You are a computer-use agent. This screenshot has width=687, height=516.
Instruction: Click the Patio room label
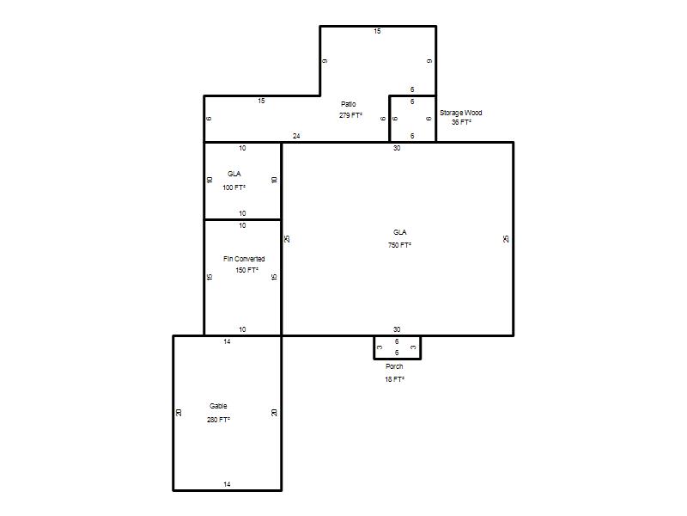[x=349, y=104]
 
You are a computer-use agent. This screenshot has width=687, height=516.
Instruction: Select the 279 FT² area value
[x=350, y=115]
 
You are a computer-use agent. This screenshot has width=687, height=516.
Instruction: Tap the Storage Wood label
[x=461, y=113]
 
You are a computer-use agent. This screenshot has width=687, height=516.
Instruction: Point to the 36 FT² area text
[x=461, y=122]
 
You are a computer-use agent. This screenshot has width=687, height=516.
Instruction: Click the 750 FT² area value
[x=399, y=245]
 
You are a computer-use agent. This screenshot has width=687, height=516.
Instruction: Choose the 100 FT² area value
[x=234, y=187]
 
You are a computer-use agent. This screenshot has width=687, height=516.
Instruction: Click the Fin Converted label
[x=244, y=259]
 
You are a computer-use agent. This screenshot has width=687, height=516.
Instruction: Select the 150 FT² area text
[x=246, y=270]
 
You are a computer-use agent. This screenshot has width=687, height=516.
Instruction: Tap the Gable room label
[x=218, y=406]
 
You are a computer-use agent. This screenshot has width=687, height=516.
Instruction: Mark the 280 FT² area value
[x=219, y=420]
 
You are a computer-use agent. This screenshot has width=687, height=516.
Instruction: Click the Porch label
[x=394, y=366]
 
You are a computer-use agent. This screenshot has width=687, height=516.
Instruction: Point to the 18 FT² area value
[x=395, y=379]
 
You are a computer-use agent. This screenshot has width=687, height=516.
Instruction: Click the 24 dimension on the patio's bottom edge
[x=296, y=136]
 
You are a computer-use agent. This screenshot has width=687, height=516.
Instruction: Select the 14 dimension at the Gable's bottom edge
[x=227, y=484]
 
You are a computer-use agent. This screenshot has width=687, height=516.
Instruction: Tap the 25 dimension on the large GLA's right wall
[x=506, y=239]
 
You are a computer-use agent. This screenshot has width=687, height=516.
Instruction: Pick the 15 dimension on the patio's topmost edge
[x=377, y=31]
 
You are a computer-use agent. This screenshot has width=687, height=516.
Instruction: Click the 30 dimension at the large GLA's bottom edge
[x=397, y=329]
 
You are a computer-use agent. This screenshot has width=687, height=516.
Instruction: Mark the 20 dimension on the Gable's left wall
[x=179, y=413]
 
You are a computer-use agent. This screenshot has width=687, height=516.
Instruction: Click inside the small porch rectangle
[x=398, y=347]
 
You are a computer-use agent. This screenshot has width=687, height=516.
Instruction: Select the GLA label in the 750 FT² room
[x=399, y=232]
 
